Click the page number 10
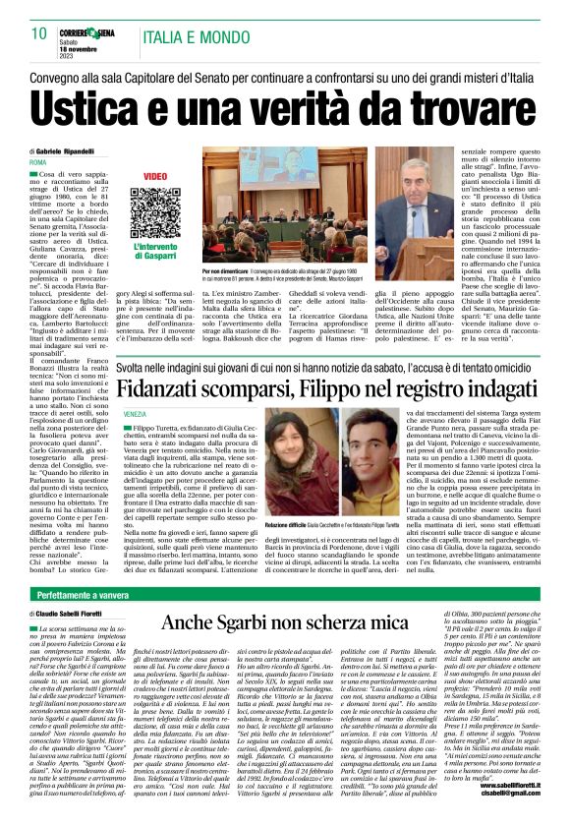click(x=38, y=34)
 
